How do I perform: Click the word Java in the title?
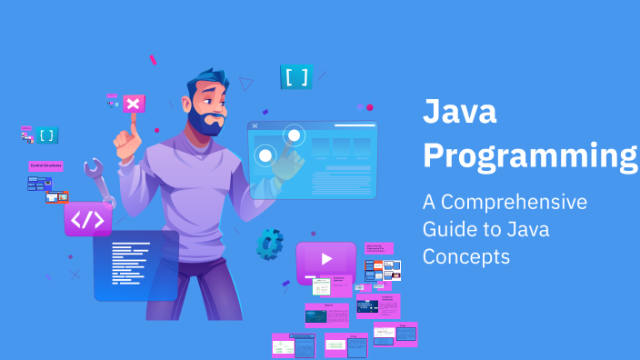460,114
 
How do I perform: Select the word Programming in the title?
531,155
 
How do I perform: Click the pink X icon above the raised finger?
133,104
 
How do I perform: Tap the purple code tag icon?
88,219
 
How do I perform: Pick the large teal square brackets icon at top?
296,77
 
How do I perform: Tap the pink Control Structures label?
45,166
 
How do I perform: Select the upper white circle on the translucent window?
294,136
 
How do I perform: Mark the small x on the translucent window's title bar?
255,125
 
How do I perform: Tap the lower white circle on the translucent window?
265,155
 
